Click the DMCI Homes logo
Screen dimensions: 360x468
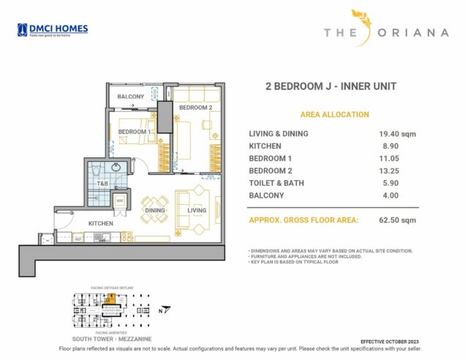tap(52, 30)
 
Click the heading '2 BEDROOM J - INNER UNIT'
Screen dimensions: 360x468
tap(331, 86)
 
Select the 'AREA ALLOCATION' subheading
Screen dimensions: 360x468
tap(334, 115)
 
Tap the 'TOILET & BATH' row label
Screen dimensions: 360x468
tap(277, 183)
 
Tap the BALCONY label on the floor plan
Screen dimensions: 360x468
tap(131, 97)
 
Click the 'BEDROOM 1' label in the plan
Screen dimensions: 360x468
tap(135, 132)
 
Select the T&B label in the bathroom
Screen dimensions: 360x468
tap(102, 183)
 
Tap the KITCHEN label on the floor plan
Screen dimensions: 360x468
tap(100, 222)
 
